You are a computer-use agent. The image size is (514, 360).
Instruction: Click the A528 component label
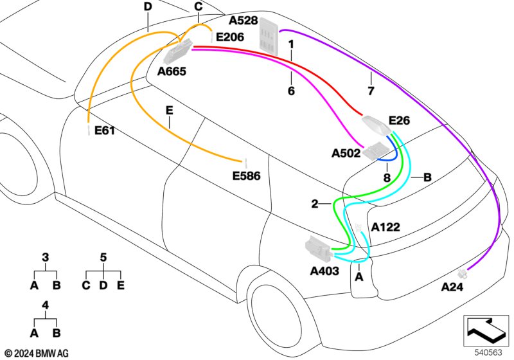point(243,21)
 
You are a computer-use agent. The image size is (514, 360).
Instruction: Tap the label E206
point(230,37)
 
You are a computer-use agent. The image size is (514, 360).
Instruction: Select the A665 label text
point(172,71)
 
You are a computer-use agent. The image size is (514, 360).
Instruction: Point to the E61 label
point(105,130)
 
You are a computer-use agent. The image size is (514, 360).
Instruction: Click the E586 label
point(246,176)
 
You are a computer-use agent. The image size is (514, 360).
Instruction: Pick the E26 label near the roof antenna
point(399,120)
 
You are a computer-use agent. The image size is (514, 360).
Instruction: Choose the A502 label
point(346,153)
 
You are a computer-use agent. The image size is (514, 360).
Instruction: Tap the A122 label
point(385,227)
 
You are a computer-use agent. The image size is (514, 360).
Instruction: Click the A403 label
point(324,271)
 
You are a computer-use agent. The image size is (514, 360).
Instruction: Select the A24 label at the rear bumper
point(452,287)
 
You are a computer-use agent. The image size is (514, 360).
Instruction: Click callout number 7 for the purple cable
point(371,91)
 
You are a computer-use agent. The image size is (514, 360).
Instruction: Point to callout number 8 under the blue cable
point(387,177)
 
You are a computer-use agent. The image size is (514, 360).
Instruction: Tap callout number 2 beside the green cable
point(315,204)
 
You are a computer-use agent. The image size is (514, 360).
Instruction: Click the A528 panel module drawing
point(269,35)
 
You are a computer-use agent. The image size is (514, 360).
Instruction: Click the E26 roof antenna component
point(377,125)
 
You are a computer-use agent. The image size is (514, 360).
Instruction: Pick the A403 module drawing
point(318,249)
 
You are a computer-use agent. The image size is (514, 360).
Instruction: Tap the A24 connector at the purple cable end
point(462,273)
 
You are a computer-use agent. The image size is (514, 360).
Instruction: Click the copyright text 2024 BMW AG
point(37,354)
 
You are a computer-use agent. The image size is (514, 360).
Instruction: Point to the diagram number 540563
point(488,353)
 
